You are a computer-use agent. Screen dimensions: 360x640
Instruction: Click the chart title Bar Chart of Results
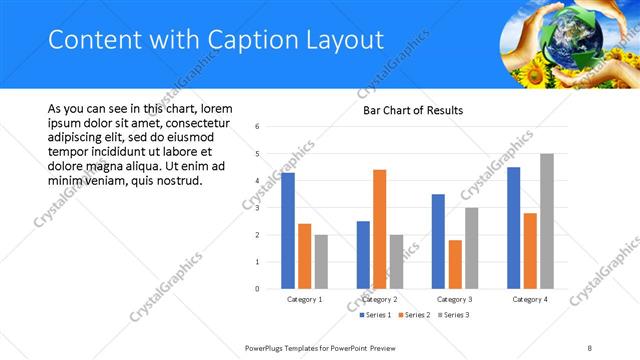pyautogui.click(x=412, y=110)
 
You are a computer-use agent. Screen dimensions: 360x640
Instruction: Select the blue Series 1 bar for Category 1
pyautogui.click(x=288, y=231)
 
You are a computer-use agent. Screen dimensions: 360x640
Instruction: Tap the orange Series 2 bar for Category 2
pyautogui.click(x=379, y=229)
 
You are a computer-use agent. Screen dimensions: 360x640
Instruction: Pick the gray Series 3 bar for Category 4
pyautogui.click(x=546, y=221)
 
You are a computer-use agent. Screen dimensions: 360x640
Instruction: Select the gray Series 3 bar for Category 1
pyautogui.click(x=321, y=262)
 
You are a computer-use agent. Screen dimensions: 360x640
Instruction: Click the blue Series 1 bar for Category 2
pyautogui.click(x=363, y=255)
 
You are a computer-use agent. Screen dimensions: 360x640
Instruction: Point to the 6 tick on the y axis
pyautogui.click(x=258, y=127)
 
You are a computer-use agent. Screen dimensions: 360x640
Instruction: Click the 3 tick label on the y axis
pyautogui.click(x=258, y=208)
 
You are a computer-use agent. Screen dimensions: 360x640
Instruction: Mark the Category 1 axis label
pyautogui.click(x=304, y=299)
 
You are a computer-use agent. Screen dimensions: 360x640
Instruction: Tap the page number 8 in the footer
pyautogui.click(x=590, y=347)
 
